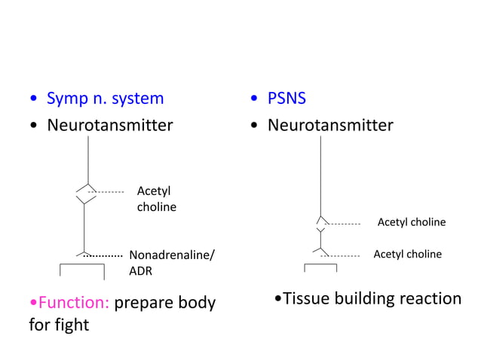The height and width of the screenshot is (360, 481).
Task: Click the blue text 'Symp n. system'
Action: coord(105,98)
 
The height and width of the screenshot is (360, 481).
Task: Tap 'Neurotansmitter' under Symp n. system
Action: coord(110,125)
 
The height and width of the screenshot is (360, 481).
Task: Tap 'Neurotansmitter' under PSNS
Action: coord(330,125)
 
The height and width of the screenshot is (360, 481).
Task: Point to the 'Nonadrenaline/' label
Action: coord(172,255)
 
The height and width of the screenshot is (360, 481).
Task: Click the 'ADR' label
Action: coord(142,270)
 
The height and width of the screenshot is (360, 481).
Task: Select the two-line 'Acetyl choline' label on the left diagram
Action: coord(156,199)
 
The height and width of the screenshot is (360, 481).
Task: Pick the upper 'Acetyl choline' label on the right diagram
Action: coord(411,222)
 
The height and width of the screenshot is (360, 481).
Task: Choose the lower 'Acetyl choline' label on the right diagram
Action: coord(407,255)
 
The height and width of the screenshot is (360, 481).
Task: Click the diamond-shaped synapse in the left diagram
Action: coord(86,193)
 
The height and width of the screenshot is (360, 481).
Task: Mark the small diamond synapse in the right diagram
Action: coord(321,223)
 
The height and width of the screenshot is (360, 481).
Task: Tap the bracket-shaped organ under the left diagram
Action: coord(82,270)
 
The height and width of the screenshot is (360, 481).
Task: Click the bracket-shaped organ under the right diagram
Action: coord(320,267)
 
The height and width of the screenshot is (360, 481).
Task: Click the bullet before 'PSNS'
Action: coord(257,99)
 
